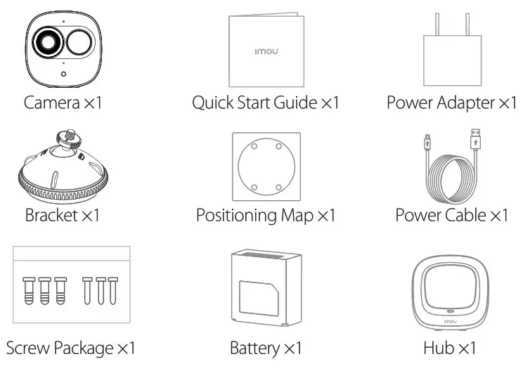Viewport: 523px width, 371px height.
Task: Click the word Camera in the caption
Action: [51, 103]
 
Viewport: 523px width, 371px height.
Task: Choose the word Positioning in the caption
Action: [237, 215]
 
